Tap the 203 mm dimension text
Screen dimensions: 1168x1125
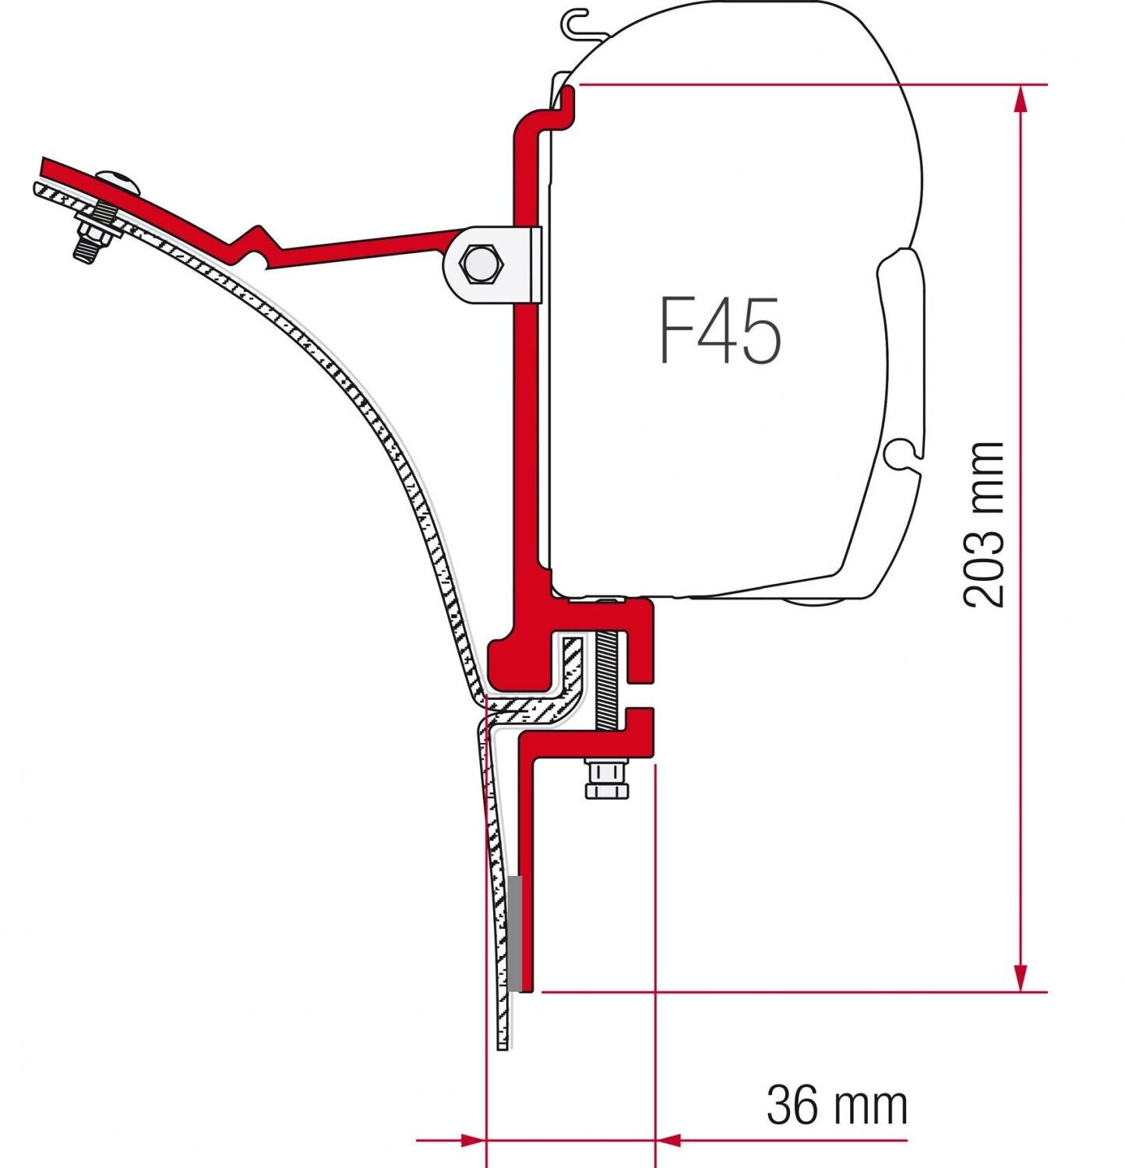[x=983, y=524]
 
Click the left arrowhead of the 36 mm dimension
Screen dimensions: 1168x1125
[x=472, y=1141]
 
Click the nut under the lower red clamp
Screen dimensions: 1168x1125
[x=607, y=779]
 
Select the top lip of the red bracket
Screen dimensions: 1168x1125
[x=568, y=97]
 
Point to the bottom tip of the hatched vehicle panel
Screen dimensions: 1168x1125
[x=503, y=1043]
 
